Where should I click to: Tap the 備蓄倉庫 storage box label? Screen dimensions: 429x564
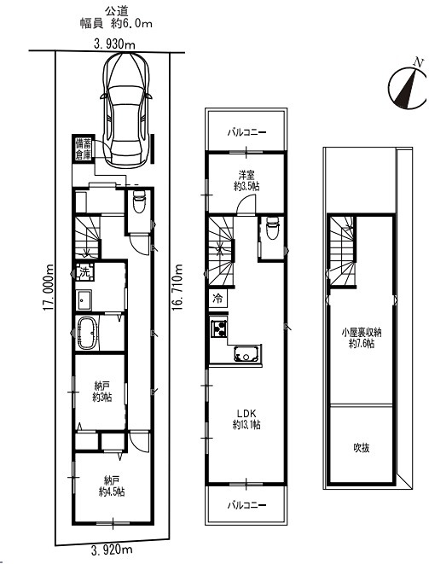pyautogui.click(x=83, y=149)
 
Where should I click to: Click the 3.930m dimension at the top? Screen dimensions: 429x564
pyautogui.click(x=114, y=44)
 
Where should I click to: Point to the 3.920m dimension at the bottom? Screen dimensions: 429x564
pyautogui.click(x=112, y=549)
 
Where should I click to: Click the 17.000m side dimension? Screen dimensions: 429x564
pyautogui.click(x=49, y=288)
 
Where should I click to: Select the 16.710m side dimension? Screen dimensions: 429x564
pyautogui.click(x=177, y=288)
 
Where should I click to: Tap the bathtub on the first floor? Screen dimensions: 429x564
pyautogui.click(x=87, y=333)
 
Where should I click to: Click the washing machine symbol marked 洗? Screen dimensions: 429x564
pyautogui.click(x=85, y=272)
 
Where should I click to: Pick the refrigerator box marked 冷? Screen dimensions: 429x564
pyautogui.click(x=218, y=299)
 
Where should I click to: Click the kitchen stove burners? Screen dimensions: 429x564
pyautogui.click(x=219, y=328)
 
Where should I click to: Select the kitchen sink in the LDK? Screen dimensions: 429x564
pyautogui.click(x=247, y=353)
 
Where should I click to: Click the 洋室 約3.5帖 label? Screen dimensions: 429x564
pyautogui.click(x=246, y=181)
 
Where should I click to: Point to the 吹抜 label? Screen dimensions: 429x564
pyautogui.click(x=361, y=448)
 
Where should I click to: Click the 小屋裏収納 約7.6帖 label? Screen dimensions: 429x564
pyautogui.click(x=362, y=338)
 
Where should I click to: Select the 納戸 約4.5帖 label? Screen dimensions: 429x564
pyautogui.click(x=112, y=486)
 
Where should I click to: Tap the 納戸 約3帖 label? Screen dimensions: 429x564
pyautogui.click(x=102, y=392)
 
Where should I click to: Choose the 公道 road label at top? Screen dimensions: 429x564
pyautogui.click(x=116, y=11)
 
